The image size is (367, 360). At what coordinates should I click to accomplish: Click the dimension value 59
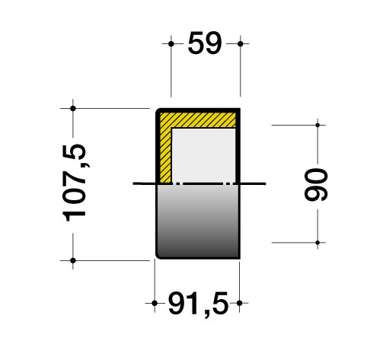point(205,43)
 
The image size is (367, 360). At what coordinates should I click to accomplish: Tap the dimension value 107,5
point(74,183)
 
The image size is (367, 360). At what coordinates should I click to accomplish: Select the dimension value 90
point(316,185)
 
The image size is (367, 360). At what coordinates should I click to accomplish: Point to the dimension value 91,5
point(198,304)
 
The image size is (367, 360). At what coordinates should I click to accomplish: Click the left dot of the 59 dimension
point(171,43)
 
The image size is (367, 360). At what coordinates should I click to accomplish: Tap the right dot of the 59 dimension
point(241,43)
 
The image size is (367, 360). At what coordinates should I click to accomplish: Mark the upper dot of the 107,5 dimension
point(73,109)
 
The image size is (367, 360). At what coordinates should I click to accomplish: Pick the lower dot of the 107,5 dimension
point(73,260)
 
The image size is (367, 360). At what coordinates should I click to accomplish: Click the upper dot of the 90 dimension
point(318,125)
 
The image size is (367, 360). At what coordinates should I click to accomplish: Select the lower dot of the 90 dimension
point(318,243)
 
